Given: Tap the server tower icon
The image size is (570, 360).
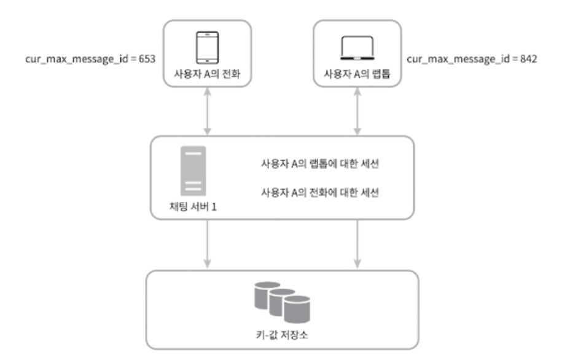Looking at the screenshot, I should [193, 170].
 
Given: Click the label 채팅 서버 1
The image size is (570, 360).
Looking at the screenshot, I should [193, 206].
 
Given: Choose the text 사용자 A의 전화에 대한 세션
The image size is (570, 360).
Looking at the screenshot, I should [319, 193].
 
